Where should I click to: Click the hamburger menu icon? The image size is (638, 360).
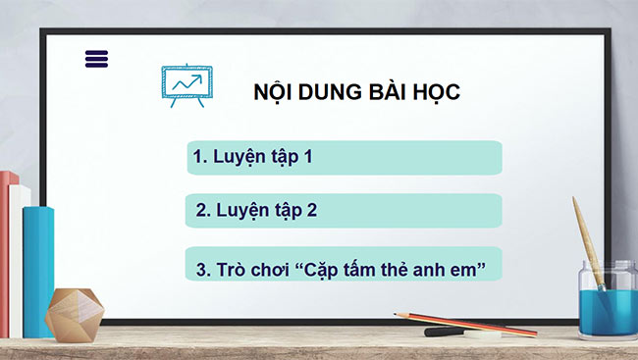pos(97,59)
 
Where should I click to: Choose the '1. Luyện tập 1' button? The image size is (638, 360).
pos(344,157)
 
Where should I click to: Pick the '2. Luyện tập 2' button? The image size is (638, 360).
pos(344,210)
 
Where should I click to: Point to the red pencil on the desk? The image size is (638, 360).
pos(471,323)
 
